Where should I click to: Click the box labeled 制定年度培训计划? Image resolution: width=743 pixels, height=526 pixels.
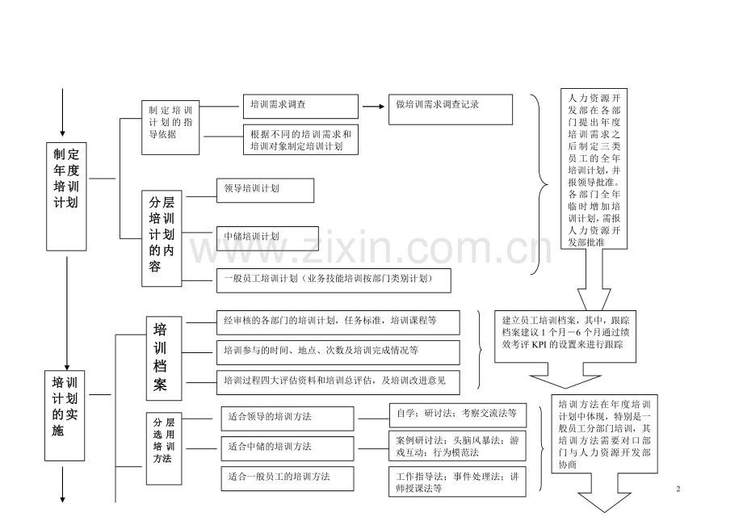(x=66, y=196)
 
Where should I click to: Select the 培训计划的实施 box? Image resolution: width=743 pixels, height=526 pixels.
(x=65, y=415)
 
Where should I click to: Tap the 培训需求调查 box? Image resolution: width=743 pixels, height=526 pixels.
(x=301, y=106)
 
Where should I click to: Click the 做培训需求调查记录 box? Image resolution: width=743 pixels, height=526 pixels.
(x=451, y=109)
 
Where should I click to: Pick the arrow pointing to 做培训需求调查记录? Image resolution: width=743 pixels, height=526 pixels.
(x=374, y=107)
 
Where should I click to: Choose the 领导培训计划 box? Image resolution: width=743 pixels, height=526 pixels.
(x=266, y=191)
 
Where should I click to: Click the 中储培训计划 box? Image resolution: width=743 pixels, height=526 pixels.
(x=268, y=238)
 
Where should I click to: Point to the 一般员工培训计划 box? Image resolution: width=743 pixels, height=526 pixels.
(x=334, y=280)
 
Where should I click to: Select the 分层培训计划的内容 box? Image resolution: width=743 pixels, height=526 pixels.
(x=162, y=238)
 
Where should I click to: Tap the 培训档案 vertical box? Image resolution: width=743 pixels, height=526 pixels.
(x=164, y=358)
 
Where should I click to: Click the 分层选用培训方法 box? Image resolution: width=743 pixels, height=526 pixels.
(x=164, y=448)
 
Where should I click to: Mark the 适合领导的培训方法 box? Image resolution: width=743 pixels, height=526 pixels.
(x=288, y=419)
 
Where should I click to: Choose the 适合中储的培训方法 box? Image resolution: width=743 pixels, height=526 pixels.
(x=288, y=448)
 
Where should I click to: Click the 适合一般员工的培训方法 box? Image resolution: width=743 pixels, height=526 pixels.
(x=288, y=478)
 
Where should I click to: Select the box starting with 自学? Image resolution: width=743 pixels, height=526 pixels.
(x=458, y=415)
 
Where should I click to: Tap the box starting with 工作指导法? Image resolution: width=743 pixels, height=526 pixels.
(x=458, y=482)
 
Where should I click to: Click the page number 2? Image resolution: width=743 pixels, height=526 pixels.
(x=678, y=489)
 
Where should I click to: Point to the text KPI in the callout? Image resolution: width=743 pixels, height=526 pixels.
(x=539, y=344)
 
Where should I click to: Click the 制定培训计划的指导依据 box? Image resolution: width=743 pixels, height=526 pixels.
(x=170, y=128)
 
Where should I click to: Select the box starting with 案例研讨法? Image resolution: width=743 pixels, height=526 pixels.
(x=458, y=446)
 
